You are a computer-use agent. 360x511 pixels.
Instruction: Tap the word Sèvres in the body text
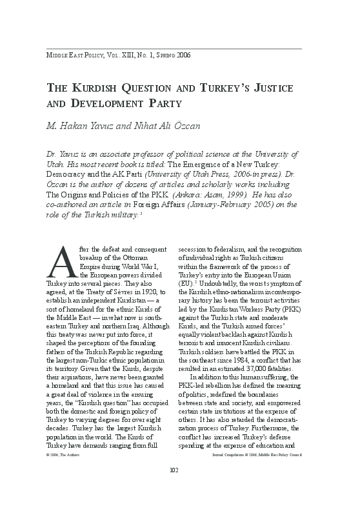123,291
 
